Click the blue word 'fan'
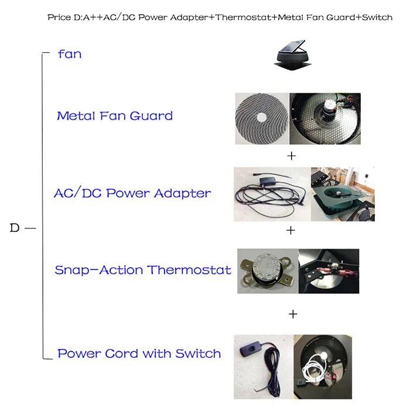point(70,54)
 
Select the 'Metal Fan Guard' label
point(115,116)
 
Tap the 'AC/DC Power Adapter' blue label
point(132,193)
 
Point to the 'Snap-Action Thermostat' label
point(143,270)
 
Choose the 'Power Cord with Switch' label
point(139,354)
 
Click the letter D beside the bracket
point(15,228)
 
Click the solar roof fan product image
point(293,55)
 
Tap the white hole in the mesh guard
point(261,117)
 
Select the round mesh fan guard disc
point(261,119)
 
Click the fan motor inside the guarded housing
point(327,108)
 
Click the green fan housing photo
point(343,194)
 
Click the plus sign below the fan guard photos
point(291,156)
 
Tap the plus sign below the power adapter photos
point(291,230)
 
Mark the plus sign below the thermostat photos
point(293,314)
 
